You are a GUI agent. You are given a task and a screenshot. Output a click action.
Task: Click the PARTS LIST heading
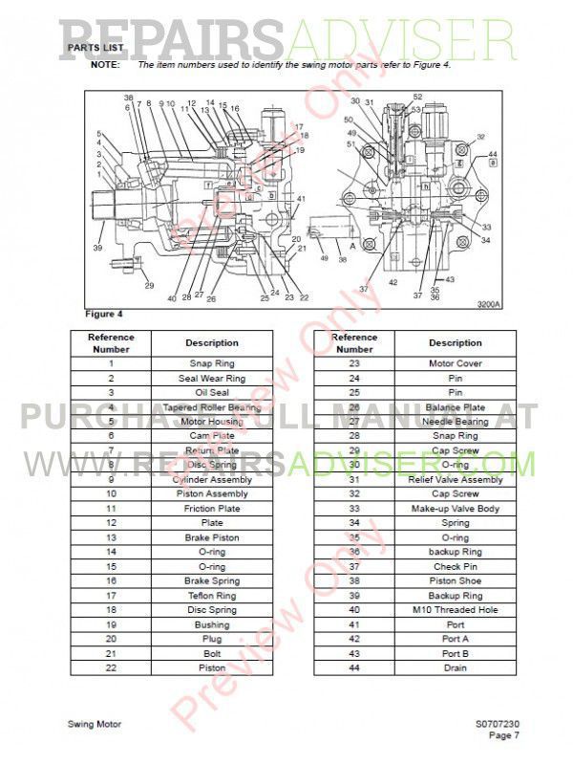pyautogui.click(x=95, y=47)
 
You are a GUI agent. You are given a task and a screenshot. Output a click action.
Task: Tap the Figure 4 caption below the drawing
pyautogui.click(x=104, y=314)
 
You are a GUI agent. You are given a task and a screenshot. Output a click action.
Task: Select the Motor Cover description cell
pyautogui.click(x=455, y=363)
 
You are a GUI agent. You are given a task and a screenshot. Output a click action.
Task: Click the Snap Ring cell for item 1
pyautogui.click(x=212, y=363)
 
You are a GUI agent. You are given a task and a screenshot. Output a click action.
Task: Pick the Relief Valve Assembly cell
pyautogui.click(x=455, y=479)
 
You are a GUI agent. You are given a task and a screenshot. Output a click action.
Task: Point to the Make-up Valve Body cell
pyautogui.click(x=455, y=509)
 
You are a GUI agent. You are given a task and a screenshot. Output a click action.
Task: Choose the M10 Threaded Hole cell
pyautogui.click(x=455, y=610)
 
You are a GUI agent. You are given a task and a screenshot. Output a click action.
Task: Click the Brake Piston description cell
pyautogui.click(x=212, y=537)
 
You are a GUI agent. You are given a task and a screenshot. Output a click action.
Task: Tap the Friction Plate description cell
pyautogui.click(x=212, y=509)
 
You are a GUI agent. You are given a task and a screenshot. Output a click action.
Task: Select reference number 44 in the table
pyautogui.click(x=353, y=667)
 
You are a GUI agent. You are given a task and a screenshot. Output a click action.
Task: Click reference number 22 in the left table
pyautogui.click(x=111, y=667)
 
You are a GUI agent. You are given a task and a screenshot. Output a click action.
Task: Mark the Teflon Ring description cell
pyautogui.click(x=212, y=596)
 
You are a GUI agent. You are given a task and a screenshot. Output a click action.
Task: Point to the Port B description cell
pyautogui.click(x=455, y=653)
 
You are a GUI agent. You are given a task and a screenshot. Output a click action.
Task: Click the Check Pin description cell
pyautogui.click(x=455, y=566)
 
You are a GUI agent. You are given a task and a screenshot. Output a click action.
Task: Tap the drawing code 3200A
pyautogui.click(x=490, y=305)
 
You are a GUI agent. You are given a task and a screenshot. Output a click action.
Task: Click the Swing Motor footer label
pyautogui.click(x=95, y=725)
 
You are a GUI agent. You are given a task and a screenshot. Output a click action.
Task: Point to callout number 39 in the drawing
pyautogui.click(x=97, y=248)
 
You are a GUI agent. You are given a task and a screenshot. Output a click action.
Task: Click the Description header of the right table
pyautogui.click(x=455, y=342)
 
